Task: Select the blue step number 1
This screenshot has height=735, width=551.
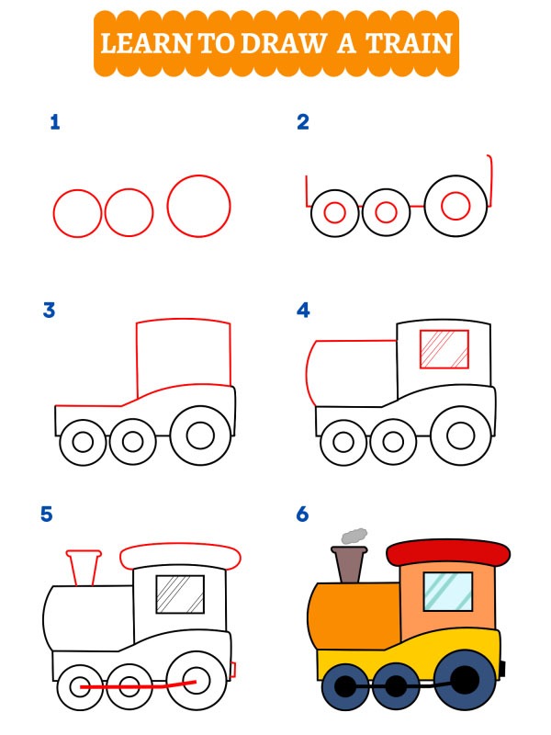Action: click(x=55, y=122)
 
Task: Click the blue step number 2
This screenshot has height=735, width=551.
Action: click(x=303, y=122)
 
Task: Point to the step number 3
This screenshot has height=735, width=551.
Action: click(x=49, y=311)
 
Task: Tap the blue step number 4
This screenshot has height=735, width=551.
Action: click(x=303, y=311)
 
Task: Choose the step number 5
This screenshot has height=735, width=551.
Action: click(x=47, y=514)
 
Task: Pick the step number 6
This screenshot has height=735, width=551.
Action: click(x=303, y=514)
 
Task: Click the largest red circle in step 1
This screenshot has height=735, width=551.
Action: click(x=198, y=206)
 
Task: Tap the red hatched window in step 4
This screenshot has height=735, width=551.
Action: click(x=444, y=349)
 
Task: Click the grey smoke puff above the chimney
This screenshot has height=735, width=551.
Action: click(x=354, y=535)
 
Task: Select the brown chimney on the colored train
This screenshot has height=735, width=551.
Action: click(x=350, y=564)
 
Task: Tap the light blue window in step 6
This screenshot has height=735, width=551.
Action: click(x=448, y=591)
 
